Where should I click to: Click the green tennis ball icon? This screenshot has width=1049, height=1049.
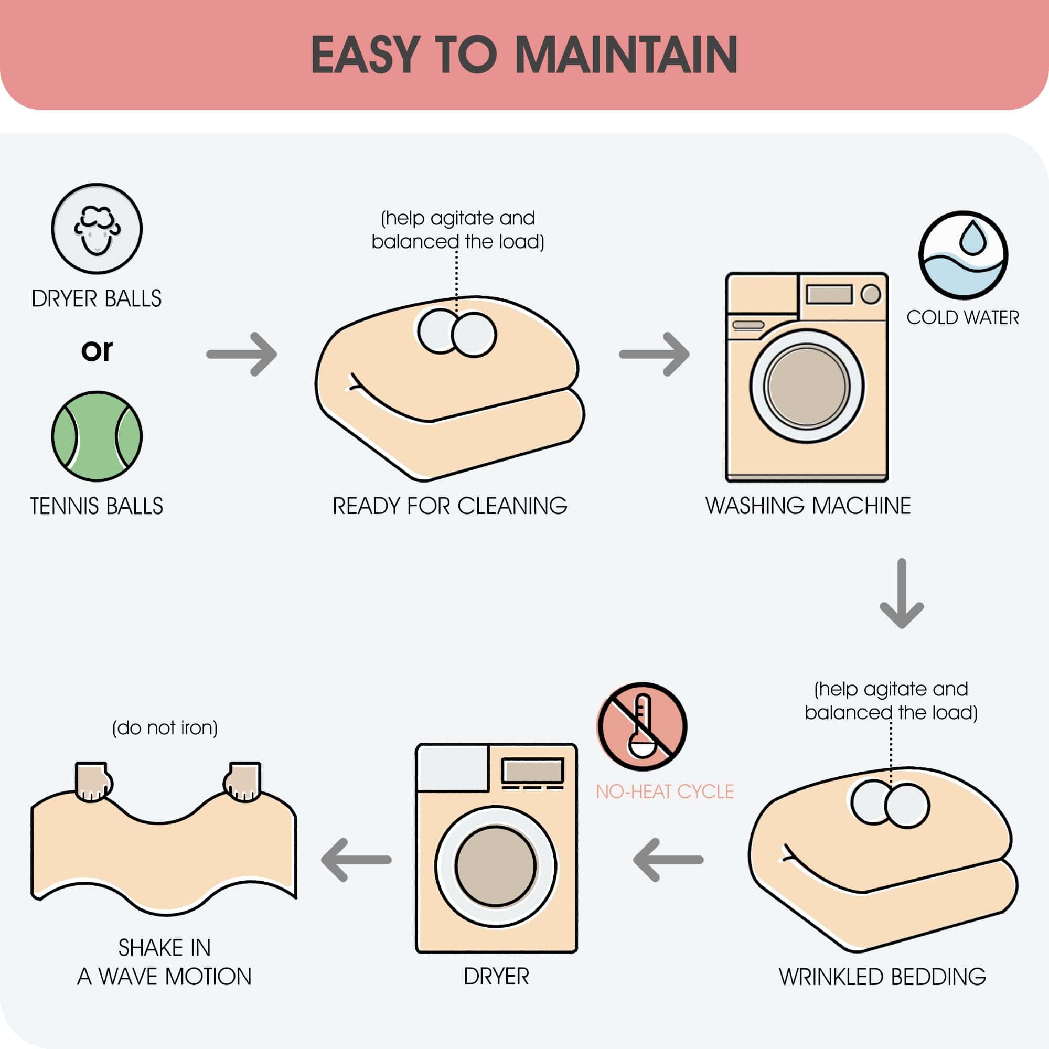[x=97, y=436]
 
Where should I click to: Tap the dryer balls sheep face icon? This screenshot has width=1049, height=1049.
[x=97, y=229]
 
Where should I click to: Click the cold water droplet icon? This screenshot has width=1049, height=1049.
[x=963, y=255]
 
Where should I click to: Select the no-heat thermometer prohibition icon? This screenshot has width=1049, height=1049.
[x=642, y=726]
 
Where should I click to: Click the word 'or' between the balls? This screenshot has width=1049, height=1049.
[x=97, y=351]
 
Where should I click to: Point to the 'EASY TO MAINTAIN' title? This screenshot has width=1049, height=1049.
[x=524, y=55]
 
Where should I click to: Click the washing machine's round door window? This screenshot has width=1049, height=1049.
[x=807, y=386]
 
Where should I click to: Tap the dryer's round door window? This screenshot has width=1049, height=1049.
[x=496, y=865]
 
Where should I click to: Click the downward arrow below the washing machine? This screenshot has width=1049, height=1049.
[x=902, y=593]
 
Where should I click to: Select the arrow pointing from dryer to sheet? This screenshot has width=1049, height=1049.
[x=356, y=860]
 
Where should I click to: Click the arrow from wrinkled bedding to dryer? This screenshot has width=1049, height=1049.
[x=668, y=860]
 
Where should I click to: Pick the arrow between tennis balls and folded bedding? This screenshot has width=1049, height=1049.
[x=242, y=354]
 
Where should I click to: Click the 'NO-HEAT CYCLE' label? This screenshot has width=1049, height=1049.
[x=665, y=791]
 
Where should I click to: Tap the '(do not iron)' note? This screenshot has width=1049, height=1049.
[x=165, y=727]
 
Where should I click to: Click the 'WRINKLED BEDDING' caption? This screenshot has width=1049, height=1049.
[x=882, y=976]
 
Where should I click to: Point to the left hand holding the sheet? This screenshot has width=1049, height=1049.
[x=93, y=782]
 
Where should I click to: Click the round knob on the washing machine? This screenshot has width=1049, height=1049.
[x=871, y=294]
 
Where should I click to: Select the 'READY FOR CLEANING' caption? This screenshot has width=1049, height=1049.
[x=449, y=506]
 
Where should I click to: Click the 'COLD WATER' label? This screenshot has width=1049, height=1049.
[x=962, y=318]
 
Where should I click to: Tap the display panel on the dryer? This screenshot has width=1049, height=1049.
[x=533, y=770]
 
